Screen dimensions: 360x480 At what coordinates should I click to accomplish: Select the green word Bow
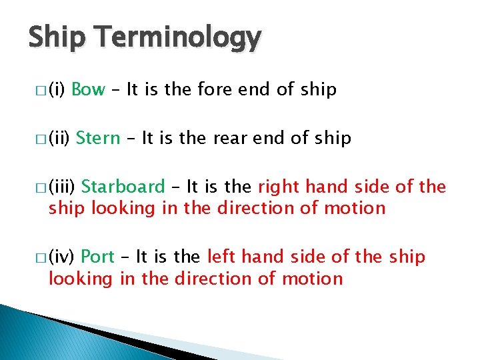(88, 90)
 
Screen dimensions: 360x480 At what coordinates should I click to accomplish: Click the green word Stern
(98, 138)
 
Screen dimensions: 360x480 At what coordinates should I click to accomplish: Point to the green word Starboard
(123, 187)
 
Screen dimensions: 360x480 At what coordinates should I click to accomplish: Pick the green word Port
(98, 257)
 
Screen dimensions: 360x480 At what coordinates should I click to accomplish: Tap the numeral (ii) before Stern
(59, 138)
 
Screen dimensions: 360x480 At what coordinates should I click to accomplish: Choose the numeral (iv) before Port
(62, 257)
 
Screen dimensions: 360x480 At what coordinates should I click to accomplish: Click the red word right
(277, 187)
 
